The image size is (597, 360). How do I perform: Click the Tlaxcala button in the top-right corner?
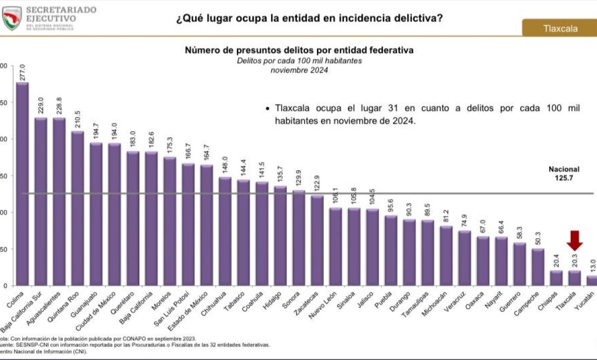[560, 28]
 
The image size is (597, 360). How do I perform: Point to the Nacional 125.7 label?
[564, 173]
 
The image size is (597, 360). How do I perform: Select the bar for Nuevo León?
[336, 246]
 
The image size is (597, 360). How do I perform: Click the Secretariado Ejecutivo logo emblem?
[12, 18]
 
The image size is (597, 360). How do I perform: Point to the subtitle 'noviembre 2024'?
[299, 70]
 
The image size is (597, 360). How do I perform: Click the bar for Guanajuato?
[96, 214]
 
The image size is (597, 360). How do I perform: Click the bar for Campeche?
[538, 267]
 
